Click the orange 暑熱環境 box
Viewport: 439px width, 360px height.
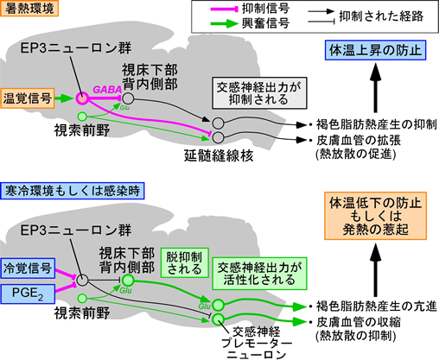tap(29, 8)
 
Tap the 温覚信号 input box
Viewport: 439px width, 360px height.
tap(28, 98)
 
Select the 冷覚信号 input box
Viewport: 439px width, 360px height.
tap(28, 268)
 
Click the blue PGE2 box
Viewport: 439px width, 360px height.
tap(28, 294)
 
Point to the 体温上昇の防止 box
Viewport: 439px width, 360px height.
tap(375, 50)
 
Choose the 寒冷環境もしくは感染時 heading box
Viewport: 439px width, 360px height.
tap(73, 191)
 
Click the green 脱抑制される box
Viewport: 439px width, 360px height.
tap(184, 262)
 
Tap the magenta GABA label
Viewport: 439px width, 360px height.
tap(107, 90)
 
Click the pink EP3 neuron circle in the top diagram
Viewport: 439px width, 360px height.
tap(82, 98)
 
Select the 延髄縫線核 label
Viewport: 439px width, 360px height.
tap(219, 155)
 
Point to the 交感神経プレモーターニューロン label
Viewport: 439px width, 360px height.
tap(257, 343)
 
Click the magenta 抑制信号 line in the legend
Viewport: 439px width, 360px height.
tap(225, 9)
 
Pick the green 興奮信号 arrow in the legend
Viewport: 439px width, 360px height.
tap(225, 23)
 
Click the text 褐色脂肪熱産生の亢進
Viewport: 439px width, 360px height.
tap(377, 306)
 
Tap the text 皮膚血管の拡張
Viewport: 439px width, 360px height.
tap(359, 141)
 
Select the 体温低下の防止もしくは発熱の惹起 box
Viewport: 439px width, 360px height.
tap(375, 216)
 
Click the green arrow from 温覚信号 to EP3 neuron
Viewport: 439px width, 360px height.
tap(64, 98)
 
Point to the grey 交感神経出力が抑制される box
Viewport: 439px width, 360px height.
tap(259, 93)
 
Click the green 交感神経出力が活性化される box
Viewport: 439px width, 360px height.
tap(259, 274)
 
